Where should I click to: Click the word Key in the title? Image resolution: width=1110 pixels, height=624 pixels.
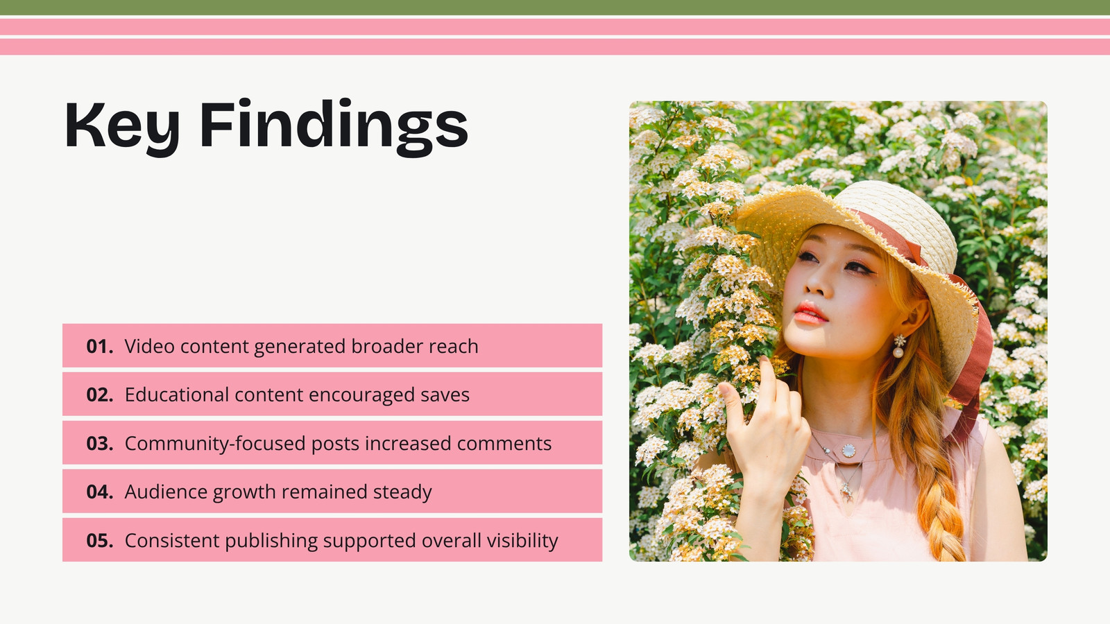pos(122,127)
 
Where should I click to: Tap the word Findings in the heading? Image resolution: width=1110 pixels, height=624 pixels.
pos(334,127)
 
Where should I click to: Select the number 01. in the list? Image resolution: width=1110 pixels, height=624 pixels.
pos(100,346)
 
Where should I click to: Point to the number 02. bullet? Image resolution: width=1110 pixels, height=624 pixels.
pos(100,395)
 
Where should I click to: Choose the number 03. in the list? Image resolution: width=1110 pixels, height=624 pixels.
pos(100,443)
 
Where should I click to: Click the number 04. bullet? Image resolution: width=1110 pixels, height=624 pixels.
pos(100,492)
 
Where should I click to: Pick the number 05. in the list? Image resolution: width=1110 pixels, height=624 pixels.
pos(100,540)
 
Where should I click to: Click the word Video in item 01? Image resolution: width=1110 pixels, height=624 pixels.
pos(150,346)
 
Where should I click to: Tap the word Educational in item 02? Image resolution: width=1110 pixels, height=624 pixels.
pos(177,395)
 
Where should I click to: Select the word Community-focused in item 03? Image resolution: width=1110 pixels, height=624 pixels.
pos(215,444)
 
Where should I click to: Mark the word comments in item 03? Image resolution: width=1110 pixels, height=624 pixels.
pos(504,444)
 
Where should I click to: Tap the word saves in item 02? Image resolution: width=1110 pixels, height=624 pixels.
pos(445,395)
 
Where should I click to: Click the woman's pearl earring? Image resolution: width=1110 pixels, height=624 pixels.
pos(898,346)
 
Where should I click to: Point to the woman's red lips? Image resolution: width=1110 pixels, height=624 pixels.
pos(811,313)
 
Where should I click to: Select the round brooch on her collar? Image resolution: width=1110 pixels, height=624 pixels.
pos(848,451)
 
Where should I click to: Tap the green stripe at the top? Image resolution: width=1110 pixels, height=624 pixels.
pos(555,8)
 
